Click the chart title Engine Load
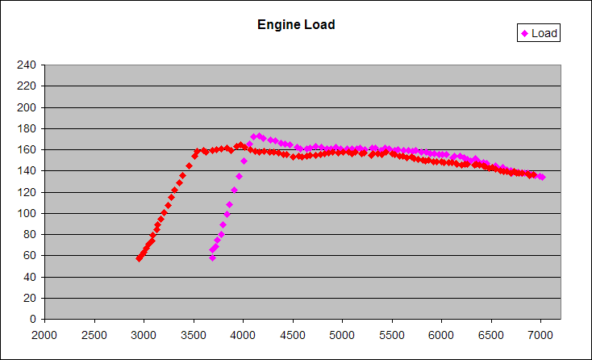[296, 24]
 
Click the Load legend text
[544, 33]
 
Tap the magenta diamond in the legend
[525, 33]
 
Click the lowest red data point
[139, 258]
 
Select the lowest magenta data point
[212, 257]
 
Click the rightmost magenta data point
[542, 177]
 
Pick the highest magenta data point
[259, 136]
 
